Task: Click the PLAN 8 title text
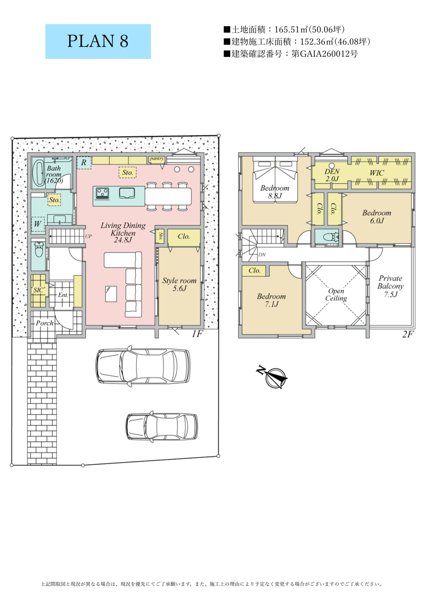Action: (98, 41)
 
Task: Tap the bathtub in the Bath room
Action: (38, 173)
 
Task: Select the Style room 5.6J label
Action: (179, 284)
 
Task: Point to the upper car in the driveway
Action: (143, 366)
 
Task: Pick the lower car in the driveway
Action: (162, 427)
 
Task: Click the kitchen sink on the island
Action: (127, 193)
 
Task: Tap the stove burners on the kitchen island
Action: (102, 193)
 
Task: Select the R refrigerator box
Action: (84, 163)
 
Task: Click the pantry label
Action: (157, 158)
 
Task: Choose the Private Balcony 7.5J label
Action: (390, 286)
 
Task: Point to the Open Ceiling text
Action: (336, 294)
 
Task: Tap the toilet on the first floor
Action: (39, 249)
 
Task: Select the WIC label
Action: (377, 173)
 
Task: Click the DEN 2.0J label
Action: (332, 175)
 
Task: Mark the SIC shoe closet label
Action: (38, 290)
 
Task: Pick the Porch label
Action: (45, 323)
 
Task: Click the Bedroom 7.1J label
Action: (271, 300)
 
